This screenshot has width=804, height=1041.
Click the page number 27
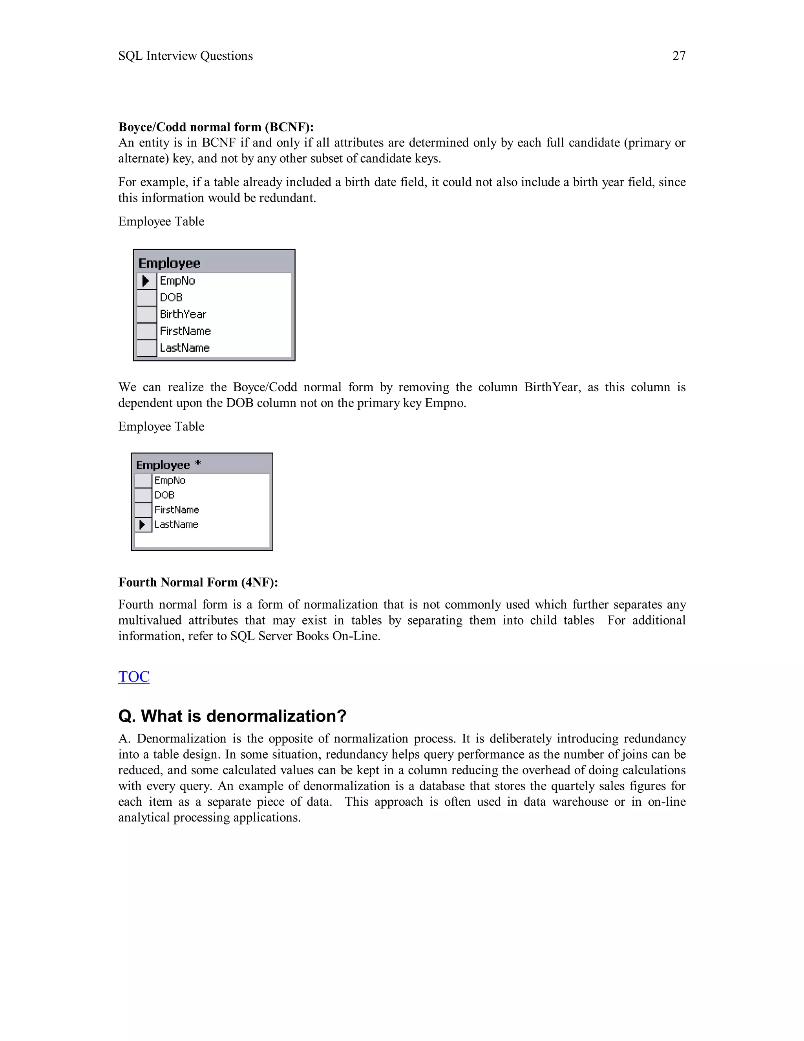pos(678,56)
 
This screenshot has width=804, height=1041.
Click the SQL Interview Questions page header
pos(185,56)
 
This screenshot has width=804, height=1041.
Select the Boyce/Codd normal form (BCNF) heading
pos(216,127)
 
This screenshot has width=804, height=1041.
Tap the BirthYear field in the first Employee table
pos(183,314)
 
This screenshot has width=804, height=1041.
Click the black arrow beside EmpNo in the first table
pos(146,281)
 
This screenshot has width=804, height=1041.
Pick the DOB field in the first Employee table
pos(171,297)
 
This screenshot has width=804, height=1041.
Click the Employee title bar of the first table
pos(169,263)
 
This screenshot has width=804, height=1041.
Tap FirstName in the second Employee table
pos(177,510)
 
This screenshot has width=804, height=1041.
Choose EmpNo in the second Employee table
pos(170,480)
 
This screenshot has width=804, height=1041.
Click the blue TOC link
pos(134,676)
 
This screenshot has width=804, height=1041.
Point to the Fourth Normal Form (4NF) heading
pos(198,582)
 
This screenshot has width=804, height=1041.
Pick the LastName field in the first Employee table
pos(185,348)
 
